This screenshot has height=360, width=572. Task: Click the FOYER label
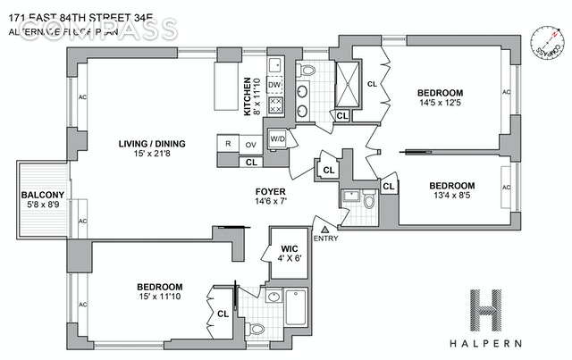click(x=270, y=190)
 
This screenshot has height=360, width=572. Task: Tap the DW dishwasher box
click(x=275, y=85)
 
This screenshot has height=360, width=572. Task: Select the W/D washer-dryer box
click(x=278, y=138)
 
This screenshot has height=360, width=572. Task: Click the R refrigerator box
click(x=229, y=144)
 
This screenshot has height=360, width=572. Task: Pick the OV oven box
click(x=251, y=144)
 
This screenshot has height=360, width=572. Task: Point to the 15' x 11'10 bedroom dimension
click(x=159, y=297)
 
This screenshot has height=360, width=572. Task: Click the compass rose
click(x=549, y=45)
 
